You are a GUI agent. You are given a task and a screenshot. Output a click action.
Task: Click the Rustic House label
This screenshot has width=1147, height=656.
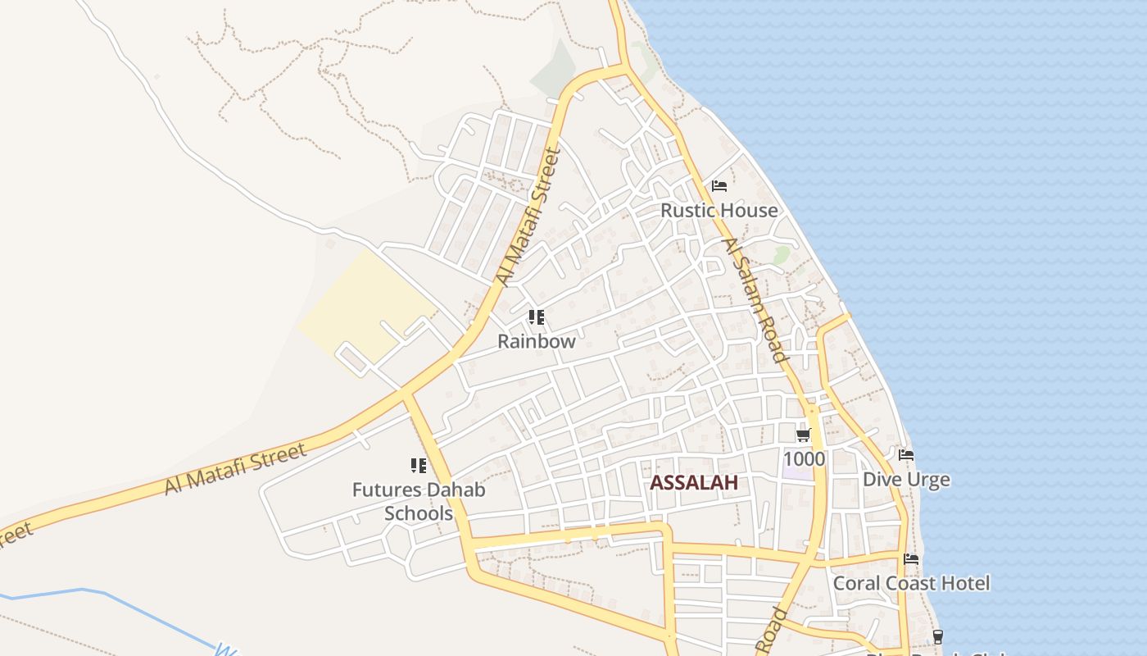719,211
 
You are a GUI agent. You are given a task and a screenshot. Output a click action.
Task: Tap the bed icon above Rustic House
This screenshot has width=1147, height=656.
719,186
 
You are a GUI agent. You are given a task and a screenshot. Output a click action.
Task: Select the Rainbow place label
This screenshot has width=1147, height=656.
537,342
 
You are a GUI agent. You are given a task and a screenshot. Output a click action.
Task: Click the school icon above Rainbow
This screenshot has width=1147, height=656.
537,317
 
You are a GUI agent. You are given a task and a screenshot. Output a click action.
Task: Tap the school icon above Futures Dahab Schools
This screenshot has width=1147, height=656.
419,466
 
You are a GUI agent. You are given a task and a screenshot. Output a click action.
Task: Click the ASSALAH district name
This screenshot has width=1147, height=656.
694,483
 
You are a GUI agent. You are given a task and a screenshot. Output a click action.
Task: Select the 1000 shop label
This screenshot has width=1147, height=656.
804,458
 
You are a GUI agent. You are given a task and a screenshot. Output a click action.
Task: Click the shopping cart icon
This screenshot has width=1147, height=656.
803,435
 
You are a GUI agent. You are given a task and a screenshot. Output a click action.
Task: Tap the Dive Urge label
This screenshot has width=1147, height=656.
906,480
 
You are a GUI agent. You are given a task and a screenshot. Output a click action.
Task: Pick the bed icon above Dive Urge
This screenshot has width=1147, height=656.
905,455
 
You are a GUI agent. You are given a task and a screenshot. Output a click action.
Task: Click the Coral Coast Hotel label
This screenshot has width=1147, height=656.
911,584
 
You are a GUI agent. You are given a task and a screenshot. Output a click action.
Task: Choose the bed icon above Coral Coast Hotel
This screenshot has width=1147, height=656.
910,560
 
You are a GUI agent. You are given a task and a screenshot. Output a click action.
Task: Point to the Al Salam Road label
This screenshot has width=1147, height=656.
755,299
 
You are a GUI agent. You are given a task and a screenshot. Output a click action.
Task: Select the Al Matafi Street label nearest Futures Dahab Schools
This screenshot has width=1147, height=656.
235,468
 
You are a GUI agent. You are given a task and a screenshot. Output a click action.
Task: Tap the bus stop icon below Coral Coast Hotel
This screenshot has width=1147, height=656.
937,636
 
